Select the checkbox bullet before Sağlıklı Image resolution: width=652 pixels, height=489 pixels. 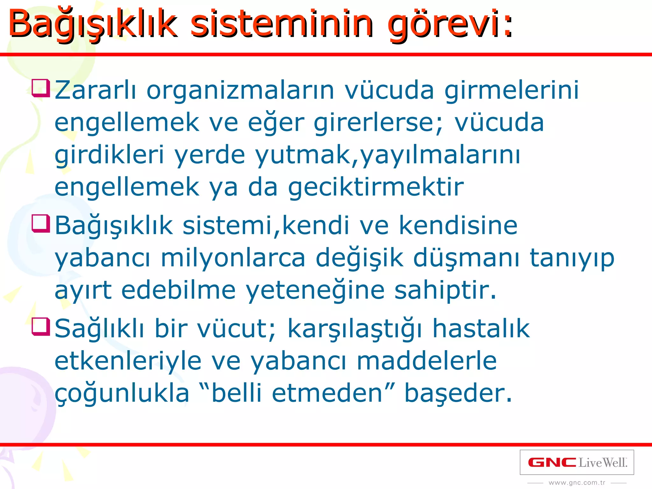click(x=41, y=327)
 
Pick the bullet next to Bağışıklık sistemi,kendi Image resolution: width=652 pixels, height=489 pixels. click(x=41, y=224)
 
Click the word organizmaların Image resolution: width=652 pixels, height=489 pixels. click(x=240, y=91)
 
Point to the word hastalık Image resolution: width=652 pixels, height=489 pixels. click(x=481, y=329)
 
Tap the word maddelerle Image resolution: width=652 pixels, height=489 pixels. click(x=427, y=361)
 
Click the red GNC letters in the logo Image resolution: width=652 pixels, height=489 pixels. click(x=552, y=462)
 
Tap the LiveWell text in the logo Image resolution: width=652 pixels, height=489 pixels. click(x=603, y=463)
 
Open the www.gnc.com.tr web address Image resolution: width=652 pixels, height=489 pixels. click(x=577, y=483)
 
